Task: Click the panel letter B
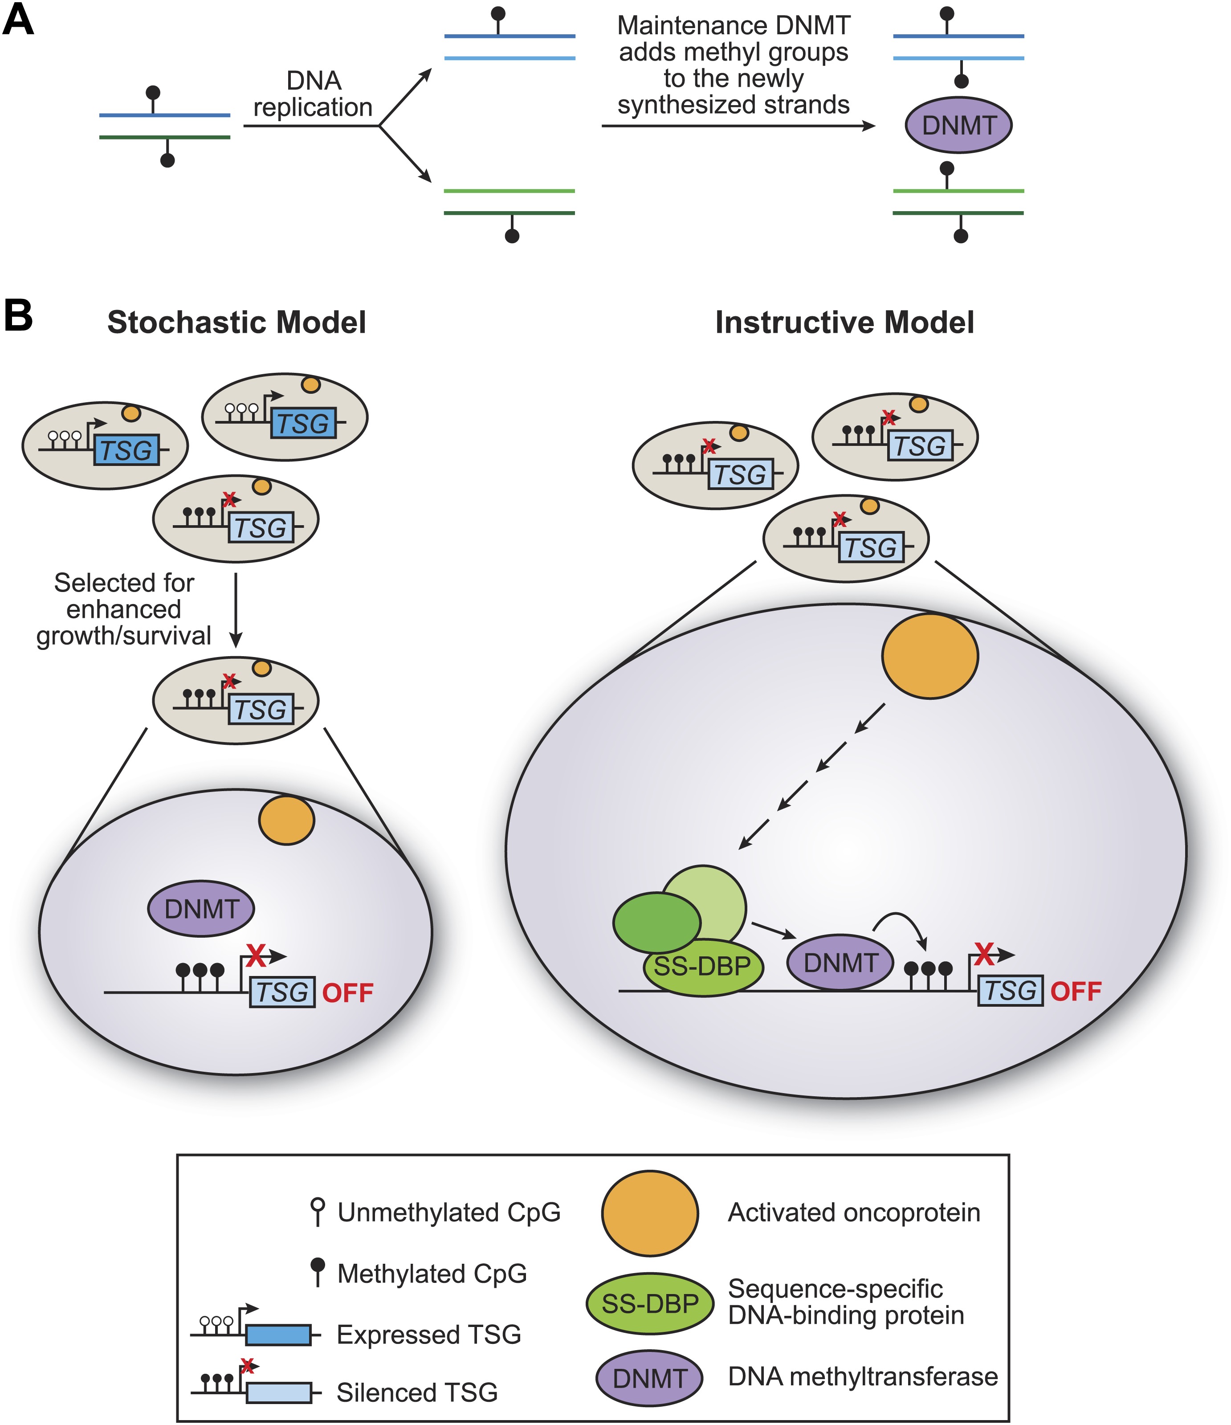19,316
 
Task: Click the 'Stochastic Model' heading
236,323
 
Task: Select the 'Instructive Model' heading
844,323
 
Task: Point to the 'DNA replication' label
314,94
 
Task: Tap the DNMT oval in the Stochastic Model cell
201,909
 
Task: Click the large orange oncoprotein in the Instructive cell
930,656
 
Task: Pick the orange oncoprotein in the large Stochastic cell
286,820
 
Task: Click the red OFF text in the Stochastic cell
348,993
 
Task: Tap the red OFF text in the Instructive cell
1076,992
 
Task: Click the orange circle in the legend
650,1213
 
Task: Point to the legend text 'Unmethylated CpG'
448,1213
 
